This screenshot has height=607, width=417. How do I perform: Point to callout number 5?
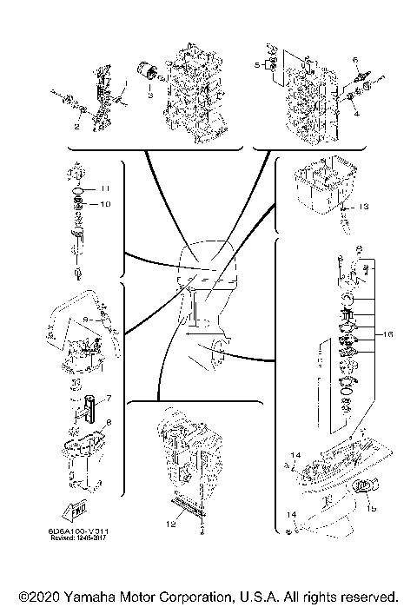257,65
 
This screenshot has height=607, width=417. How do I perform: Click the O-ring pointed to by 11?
79,188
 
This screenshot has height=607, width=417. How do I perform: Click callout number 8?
109,423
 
